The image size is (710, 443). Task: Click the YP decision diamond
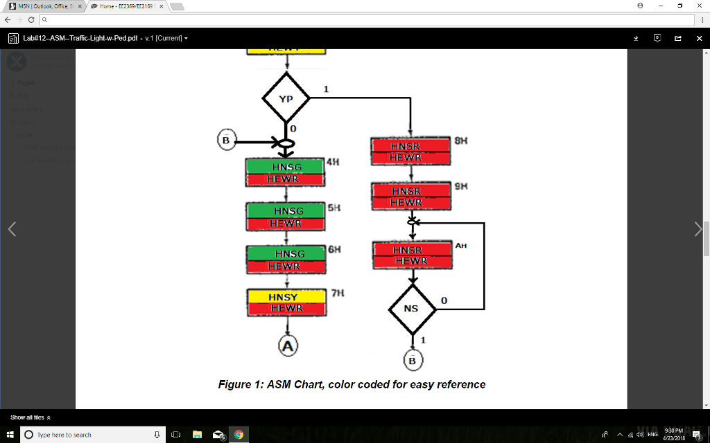point(286,98)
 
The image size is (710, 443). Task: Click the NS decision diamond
point(411,309)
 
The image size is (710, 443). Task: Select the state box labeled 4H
point(285,173)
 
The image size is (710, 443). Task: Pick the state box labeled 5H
point(285,217)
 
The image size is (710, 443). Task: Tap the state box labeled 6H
point(285,260)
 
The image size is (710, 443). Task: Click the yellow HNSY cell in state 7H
point(285,297)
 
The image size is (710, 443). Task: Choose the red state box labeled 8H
point(410,152)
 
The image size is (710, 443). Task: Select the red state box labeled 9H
point(410,197)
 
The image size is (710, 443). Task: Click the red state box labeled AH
point(410,255)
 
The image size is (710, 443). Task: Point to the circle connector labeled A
point(288,345)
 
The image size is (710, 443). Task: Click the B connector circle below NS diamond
point(413,360)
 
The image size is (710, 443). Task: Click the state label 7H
point(338,293)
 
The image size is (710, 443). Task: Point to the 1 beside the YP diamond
point(326,89)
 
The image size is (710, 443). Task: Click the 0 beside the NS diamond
point(444,300)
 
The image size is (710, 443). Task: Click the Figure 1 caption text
point(352,385)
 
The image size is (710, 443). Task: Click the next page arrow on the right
point(698,230)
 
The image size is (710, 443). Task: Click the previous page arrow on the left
point(12,230)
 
